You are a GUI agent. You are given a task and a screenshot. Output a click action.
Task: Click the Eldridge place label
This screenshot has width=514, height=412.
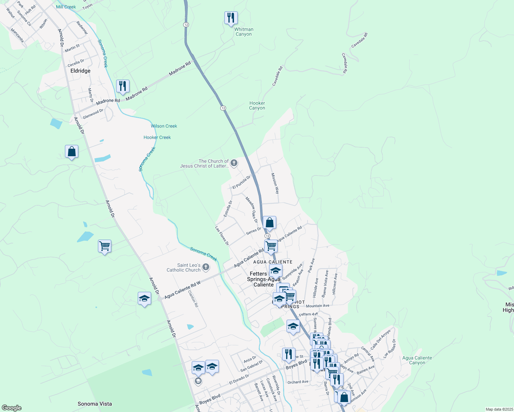[80, 71]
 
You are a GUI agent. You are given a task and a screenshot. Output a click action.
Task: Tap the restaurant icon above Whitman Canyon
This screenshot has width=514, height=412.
[231, 18]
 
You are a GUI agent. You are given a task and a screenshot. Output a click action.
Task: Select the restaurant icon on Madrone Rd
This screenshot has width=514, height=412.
[123, 86]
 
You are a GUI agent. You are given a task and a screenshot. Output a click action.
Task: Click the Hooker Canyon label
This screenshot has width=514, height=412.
[257, 105]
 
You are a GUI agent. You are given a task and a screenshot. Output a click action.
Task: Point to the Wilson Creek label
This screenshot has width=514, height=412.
[164, 126]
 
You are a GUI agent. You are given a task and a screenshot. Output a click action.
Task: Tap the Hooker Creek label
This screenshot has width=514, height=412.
[157, 137]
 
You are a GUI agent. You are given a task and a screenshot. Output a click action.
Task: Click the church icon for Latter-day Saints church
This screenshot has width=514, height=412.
[234, 163]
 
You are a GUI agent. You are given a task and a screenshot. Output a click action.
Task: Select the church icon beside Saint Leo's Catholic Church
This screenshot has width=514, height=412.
[206, 267]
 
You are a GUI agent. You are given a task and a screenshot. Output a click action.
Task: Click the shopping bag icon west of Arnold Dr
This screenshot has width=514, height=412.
[71, 151]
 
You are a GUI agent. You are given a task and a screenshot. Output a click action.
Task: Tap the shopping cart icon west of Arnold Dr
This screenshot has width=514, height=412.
[104, 246]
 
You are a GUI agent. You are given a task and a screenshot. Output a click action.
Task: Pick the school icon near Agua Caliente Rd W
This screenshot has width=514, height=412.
[144, 298]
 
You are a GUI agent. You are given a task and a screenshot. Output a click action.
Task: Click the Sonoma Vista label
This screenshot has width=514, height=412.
[95, 404]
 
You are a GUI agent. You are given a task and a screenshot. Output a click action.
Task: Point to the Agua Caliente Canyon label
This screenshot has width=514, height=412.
[417, 360]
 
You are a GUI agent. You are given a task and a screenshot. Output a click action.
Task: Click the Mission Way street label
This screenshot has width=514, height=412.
[275, 183]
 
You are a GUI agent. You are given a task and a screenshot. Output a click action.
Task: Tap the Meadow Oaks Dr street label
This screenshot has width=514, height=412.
[252, 209]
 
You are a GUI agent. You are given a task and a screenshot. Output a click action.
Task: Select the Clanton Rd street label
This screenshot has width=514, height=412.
[193, 299]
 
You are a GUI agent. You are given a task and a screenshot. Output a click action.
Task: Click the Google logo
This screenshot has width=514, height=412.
[12, 408]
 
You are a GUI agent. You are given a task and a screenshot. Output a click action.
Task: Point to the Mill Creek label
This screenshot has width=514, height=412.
[66, 7]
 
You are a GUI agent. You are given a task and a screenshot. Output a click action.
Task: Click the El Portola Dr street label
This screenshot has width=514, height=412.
[242, 182]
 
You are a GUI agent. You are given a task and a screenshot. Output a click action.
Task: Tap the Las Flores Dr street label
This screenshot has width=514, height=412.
[222, 236]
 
